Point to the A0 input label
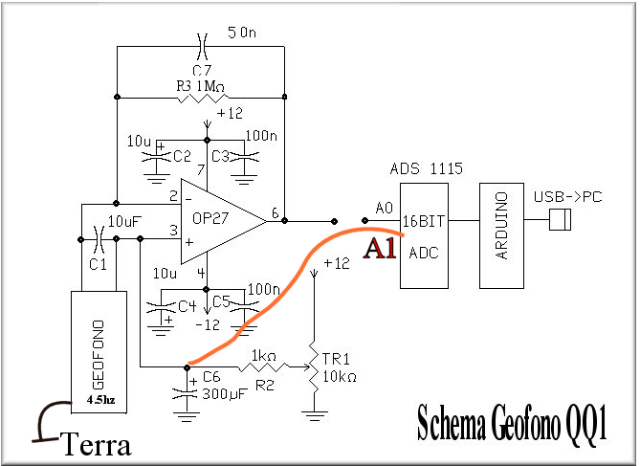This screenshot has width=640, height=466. point(383,208)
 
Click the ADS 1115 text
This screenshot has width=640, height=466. point(427,169)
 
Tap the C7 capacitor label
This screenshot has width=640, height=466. point(201,71)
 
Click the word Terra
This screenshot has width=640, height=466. point(96,445)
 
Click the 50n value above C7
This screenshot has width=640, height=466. point(241,33)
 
